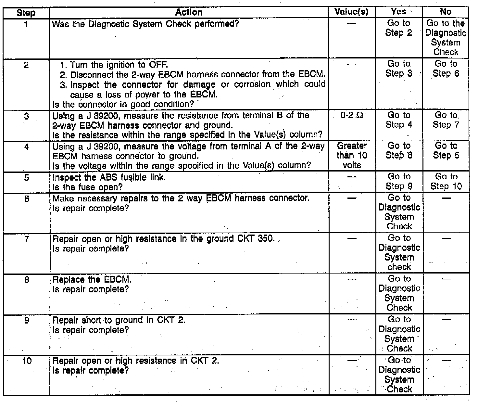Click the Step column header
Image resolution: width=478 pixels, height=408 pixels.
[26, 13]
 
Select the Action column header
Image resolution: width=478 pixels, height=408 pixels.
[189, 12]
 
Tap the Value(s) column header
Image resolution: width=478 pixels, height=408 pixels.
[351, 12]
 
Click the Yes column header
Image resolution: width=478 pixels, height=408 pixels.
[398, 12]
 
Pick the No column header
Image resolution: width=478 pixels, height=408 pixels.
[446, 12]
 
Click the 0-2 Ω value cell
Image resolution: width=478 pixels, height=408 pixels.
[352, 116]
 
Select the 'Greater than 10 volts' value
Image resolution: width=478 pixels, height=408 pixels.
[352, 155]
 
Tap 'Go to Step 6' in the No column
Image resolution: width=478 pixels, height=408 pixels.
[446, 69]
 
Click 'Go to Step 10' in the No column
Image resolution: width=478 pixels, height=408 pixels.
[446, 181]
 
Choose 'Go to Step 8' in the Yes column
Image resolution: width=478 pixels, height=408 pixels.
[399, 150]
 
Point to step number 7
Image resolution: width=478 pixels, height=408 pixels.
[27, 239]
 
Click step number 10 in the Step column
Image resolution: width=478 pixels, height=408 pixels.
[27, 361]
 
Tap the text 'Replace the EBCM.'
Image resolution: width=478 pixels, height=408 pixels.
[92, 279]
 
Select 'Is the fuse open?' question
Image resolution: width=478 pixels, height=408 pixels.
[87, 187]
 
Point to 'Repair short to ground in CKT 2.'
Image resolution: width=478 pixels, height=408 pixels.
[119, 320]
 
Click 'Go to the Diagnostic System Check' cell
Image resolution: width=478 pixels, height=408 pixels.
[446, 37]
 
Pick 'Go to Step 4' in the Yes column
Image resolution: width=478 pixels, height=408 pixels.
[399, 120]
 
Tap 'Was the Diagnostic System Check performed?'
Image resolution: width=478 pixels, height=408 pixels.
[145, 24]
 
